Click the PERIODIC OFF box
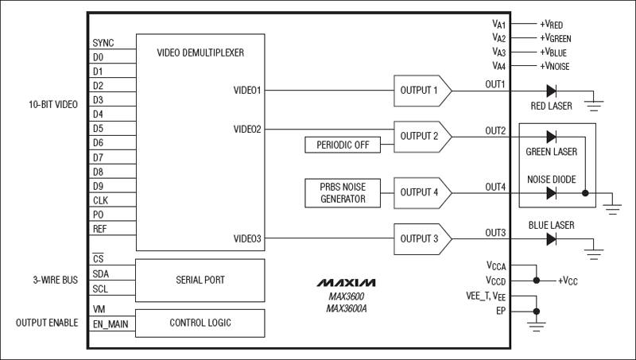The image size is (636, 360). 342,145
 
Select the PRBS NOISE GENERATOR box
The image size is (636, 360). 342,192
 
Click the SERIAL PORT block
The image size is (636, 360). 200,280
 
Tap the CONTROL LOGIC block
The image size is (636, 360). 200,323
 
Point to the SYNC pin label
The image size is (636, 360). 103,43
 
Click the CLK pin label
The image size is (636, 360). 100,200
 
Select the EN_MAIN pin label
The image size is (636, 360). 110,323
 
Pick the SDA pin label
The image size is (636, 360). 101,273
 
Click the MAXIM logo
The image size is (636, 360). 347,282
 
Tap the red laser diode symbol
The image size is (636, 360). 551,90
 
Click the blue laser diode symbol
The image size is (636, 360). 551,238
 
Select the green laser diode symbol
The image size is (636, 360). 551,136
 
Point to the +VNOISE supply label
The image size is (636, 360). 554,65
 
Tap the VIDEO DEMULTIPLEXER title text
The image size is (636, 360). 200,52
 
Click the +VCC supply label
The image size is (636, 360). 570,281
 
